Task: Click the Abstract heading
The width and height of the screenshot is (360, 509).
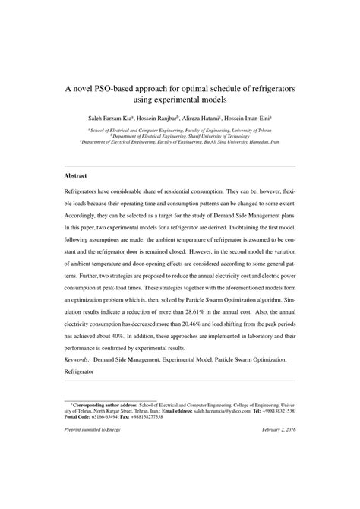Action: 74,176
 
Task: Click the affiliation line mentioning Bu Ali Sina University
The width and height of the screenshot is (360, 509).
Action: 180,141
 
